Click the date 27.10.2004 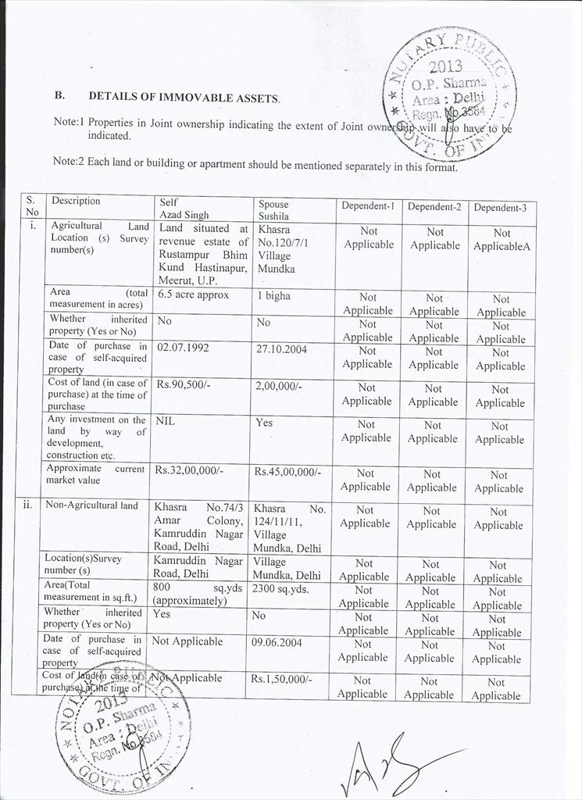(280, 348)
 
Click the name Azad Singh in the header (184, 214)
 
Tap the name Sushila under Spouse (273, 216)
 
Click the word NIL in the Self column (164, 420)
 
